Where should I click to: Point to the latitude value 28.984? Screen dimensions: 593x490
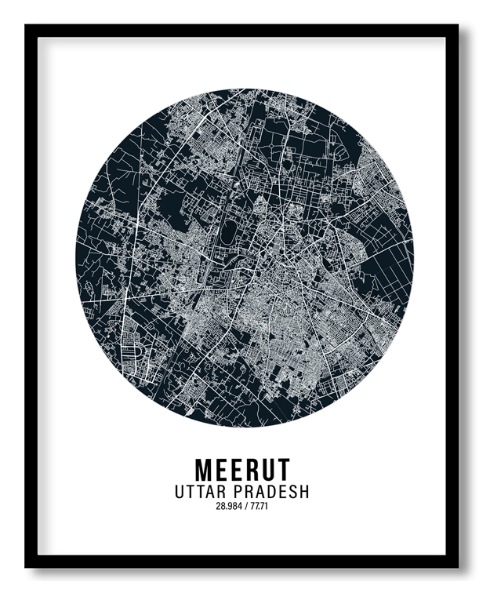tap(229, 506)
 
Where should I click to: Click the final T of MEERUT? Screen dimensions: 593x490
tap(283, 470)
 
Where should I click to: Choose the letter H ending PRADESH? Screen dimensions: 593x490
tap(303, 493)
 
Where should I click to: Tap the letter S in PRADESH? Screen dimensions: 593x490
tap(292, 493)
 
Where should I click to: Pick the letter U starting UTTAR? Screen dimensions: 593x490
tap(180, 493)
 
